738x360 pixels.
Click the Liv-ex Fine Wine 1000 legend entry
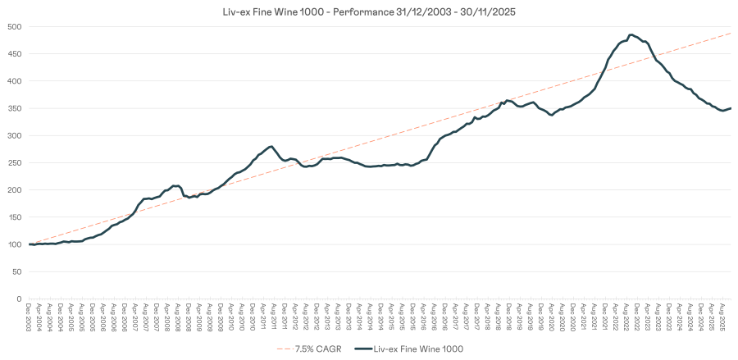(412, 349)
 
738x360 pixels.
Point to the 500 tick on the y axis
(14, 26)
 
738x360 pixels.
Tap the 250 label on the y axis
(14, 162)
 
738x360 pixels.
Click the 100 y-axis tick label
(14, 244)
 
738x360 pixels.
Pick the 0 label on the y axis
(20, 299)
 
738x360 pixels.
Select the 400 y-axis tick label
(14, 81)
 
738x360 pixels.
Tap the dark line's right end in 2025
(731, 108)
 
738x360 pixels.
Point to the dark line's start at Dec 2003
(30, 244)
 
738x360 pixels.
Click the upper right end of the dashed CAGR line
(731, 33)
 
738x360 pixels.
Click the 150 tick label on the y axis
(14, 217)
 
